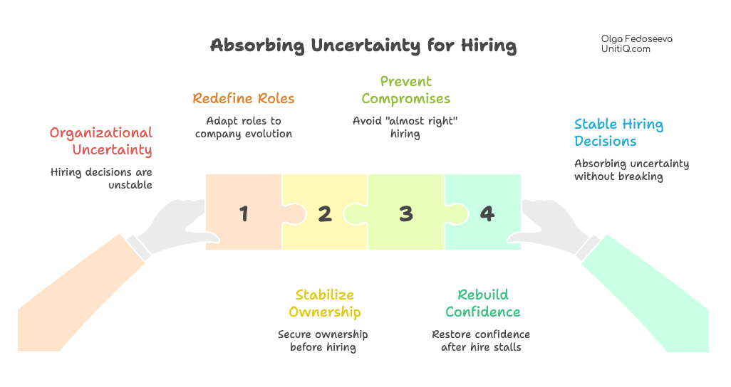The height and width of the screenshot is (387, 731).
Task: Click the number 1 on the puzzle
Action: pos(244,213)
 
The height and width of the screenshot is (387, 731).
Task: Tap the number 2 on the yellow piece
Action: pos(325,213)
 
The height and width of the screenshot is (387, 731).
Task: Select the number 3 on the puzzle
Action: pos(406,213)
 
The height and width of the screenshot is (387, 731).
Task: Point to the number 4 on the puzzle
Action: pos(487,213)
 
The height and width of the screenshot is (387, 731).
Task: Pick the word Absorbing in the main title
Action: pos(257,46)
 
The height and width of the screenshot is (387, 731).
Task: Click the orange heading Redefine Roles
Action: pos(244,98)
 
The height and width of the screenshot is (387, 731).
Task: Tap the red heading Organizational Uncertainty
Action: pos(101,141)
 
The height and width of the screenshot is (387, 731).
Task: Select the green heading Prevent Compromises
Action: pos(405,90)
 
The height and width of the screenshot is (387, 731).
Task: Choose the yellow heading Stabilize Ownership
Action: pos(325,303)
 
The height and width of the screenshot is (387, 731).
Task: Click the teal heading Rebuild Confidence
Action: pos(483,303)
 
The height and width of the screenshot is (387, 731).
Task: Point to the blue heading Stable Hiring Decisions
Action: pos(618,133)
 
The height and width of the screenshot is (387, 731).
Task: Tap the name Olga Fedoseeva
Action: pos(636,38)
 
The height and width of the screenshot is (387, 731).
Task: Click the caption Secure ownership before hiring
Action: pos(323,341)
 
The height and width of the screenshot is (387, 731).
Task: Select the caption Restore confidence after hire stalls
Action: pos(481,341)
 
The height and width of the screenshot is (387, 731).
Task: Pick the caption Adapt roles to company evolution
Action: pos(244,127)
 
